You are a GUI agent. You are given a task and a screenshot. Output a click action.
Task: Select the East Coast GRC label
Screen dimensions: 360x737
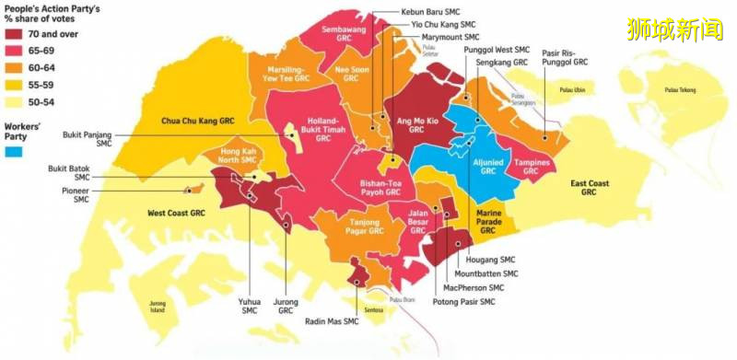pyautogui.click(x=590, y=188)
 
